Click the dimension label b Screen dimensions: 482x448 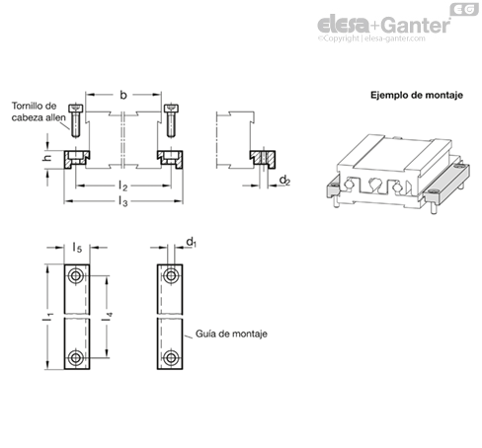click(x=123, y=95)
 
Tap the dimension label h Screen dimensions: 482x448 click(x=47, y=158)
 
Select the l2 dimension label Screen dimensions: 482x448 click(x=122, y=187)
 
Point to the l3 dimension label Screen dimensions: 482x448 click(x=122, y=201)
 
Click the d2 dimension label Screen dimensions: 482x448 click(x=284, y=181)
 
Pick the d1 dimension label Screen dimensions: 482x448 click(x=192, y=243)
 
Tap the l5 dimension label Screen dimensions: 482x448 click(x=77, y=247)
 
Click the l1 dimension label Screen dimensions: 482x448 click(x=48, y=317)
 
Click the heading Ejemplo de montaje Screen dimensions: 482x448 click(x=417, y=96)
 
